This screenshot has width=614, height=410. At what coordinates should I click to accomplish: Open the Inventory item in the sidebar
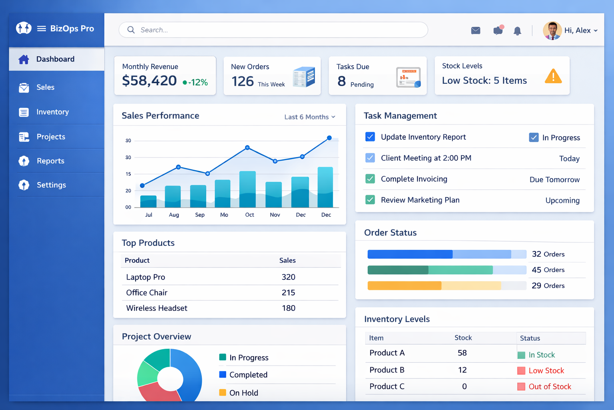(x=52, y=112)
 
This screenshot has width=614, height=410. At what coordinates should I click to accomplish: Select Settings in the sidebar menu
(x=51, y=185)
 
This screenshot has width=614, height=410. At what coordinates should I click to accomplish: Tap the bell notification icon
(x=517, y=31)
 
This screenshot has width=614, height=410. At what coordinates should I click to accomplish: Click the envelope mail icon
(x=476, y=30)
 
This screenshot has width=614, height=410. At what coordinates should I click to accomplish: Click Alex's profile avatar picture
(x=552, y=30)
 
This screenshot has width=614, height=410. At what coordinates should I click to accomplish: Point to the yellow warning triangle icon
(x=553, y=76)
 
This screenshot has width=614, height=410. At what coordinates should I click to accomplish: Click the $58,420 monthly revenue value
(x=150, y=81)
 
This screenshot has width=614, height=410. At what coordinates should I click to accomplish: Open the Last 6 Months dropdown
(x=310, y=117)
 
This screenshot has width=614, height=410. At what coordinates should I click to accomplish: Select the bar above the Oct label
(x=247, y=189)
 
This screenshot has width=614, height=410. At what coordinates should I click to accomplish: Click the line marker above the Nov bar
(x=275, y=161)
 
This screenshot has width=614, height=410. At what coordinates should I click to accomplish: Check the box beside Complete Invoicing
(x=370, y=179)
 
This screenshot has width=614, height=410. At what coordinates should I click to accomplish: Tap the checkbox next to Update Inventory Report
(x=370, y=137)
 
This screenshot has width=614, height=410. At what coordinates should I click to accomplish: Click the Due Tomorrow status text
(x=554, y=180)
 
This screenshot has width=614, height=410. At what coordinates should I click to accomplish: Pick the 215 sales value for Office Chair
(x=288, y=293)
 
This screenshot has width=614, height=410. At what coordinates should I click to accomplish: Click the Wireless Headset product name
(x=157, y=308)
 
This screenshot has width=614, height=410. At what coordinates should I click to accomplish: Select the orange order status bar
(x=404, y=285)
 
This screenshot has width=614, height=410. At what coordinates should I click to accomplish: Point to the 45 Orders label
(x=548, y=270)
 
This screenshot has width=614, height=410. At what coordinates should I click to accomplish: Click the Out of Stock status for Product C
(x=550, y=387)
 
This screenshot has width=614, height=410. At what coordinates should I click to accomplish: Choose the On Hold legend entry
(x=243, y=393)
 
